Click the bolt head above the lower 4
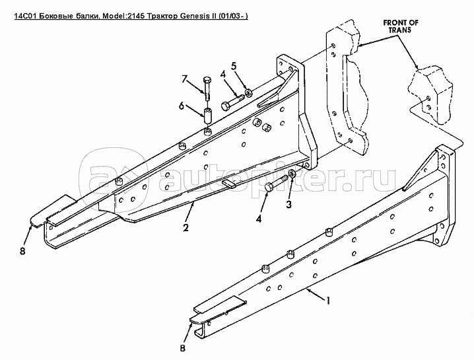click(269, 188)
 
